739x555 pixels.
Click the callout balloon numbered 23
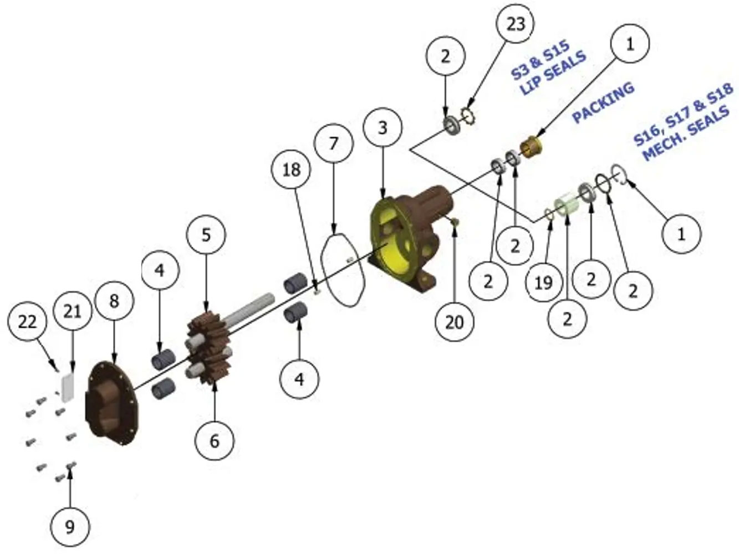click(x=516, y=24)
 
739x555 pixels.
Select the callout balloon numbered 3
click(x=383, y=128)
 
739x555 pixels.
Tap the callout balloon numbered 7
click(x=333, y=144)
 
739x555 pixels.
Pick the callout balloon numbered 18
click(x=291, y=170)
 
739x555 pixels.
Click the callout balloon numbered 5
click(x=206, y=234)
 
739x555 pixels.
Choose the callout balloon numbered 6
click(x=215, y=441)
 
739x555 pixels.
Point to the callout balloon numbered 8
click(x=114, y=300)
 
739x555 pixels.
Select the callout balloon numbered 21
click(x=73, y=311)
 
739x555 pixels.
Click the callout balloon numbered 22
click(x=28, y=322)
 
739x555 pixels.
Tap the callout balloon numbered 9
click(x=70, y=526)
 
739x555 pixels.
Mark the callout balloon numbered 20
click(x=455, y=322)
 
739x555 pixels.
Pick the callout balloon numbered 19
click(x=543, y=282)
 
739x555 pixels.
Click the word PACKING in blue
click(x=603, y=102)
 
